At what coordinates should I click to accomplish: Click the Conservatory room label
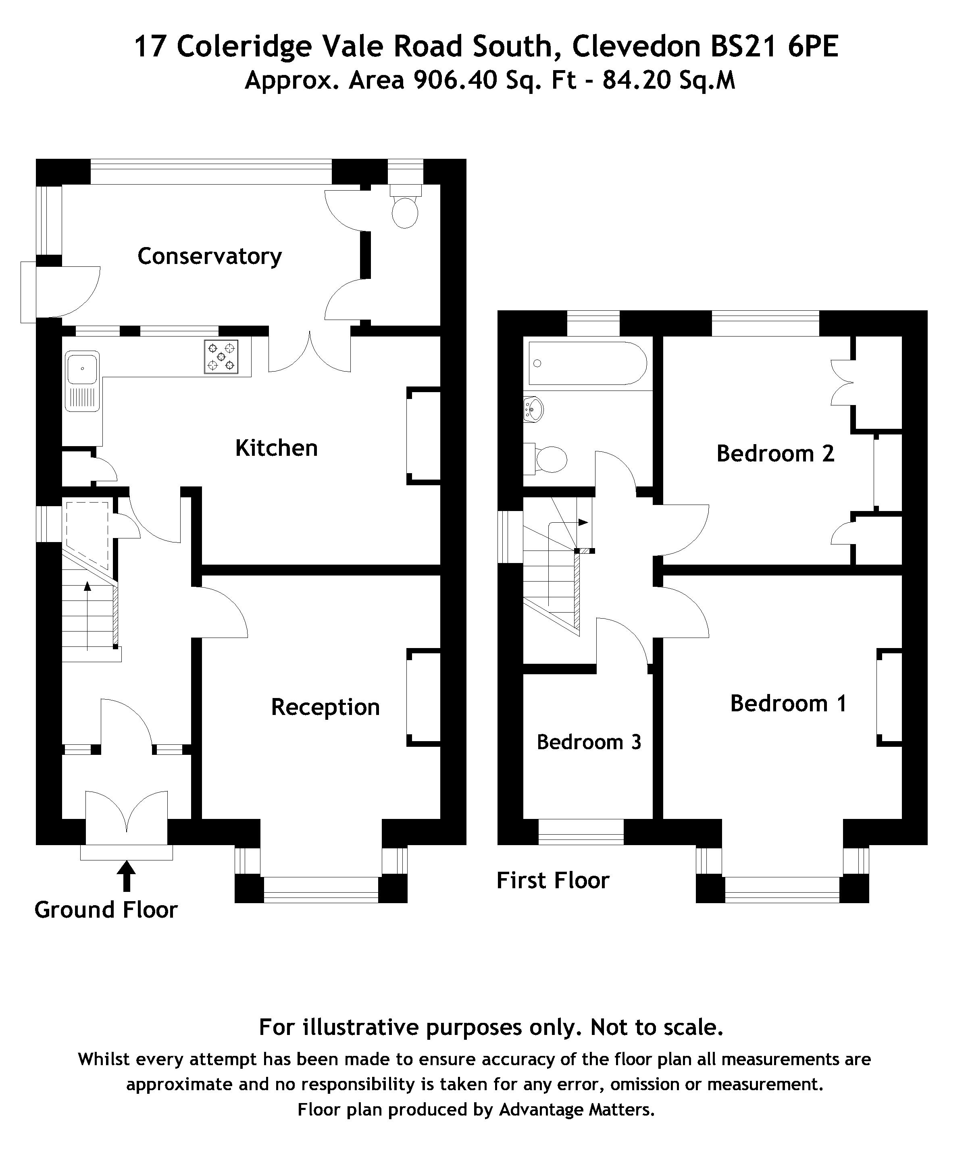(209, 256)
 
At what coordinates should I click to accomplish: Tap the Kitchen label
(276, 448)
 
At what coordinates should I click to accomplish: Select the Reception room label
(325, 707)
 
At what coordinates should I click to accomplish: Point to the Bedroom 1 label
(788, 703)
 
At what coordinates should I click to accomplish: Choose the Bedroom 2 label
(775, 453)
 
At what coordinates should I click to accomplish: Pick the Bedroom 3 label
(589, 742)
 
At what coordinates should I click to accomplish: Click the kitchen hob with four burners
(222, 357)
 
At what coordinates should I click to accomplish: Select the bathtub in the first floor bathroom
(587, 364)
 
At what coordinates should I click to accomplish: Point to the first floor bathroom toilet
(549, 459)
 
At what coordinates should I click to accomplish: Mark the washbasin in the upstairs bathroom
(533, 409)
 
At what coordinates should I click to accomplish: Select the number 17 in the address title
(150, 46)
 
